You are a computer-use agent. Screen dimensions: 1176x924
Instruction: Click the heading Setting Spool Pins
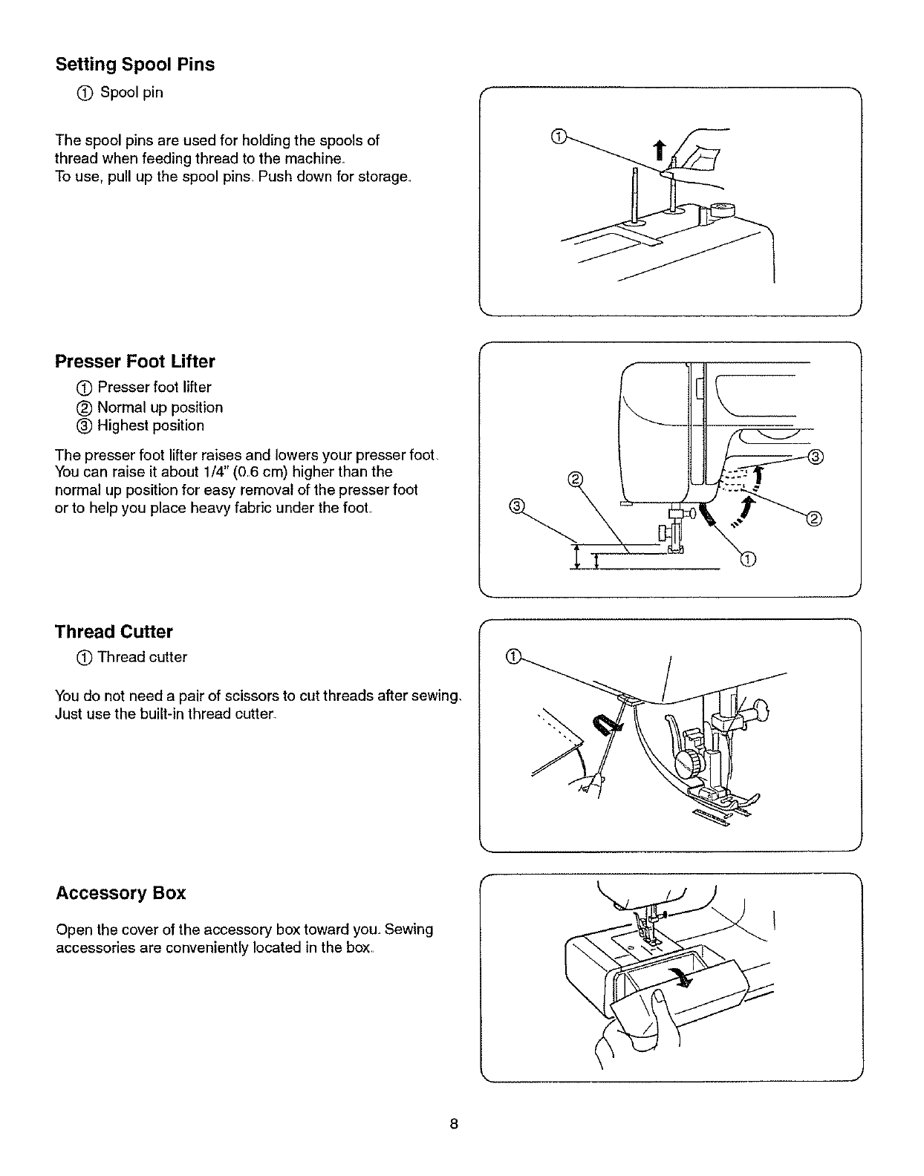pos(135,65)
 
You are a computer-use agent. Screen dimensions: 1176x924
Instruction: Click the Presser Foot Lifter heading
pos(135,362)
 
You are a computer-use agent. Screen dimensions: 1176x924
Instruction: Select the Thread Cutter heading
pos(114,632)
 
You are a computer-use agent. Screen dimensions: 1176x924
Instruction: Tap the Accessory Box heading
pos(120,893)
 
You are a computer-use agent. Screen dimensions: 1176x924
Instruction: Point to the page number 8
pos(453,1124)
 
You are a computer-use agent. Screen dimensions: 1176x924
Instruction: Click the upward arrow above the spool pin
pos(656,151)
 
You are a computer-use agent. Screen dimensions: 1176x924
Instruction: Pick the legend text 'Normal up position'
pos(160,408)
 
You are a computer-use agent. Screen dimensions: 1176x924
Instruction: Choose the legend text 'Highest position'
pos(150,425)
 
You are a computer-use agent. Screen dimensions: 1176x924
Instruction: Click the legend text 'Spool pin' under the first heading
pos(131,93)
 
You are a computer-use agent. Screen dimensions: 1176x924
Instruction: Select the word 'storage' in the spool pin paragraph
pos(382,177)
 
